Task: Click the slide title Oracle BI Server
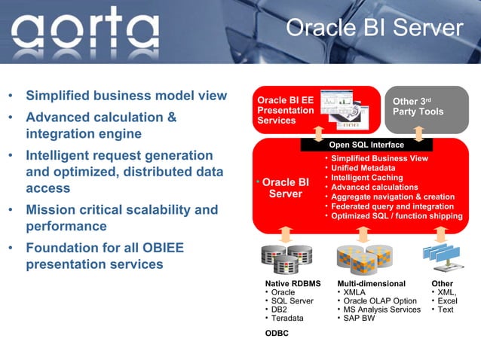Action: [374, 28]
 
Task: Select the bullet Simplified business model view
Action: [126, 96]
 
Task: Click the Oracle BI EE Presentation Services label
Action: [286, 111]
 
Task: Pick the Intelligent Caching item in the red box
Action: [367, 178]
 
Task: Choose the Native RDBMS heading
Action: [293, 284]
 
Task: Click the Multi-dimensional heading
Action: [372, 284]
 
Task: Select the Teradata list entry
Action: [287, 318]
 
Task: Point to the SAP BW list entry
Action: [359, 318]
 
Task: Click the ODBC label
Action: [277, 334]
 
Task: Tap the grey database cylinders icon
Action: [286, 257]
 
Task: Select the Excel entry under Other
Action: [447, 301]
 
